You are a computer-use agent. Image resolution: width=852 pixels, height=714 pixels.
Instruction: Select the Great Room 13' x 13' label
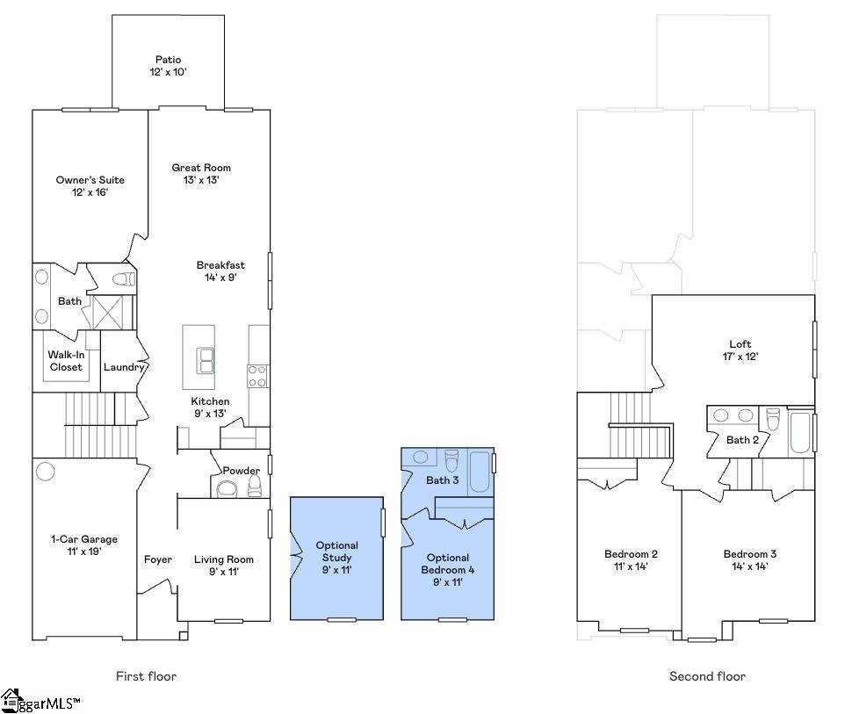201,173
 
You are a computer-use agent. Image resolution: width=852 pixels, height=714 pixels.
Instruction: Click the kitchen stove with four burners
257,375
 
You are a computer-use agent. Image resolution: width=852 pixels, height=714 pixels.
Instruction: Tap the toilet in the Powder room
255,486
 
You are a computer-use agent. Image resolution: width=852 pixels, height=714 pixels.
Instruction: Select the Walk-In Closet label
66,361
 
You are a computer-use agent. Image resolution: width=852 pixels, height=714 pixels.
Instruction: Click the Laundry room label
124,367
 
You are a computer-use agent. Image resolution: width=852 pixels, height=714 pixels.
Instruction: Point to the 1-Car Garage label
83,545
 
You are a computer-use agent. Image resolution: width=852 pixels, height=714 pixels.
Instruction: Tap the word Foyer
157,559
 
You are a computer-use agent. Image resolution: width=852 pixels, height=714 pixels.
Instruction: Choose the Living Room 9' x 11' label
223,565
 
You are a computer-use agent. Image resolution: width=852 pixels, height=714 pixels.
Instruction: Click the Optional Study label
336,558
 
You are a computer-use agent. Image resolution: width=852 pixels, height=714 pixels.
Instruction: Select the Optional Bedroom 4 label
447,563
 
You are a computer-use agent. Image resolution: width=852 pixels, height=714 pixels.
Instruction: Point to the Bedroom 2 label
631,559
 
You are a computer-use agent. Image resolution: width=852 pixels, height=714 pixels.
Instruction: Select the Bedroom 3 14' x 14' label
749,559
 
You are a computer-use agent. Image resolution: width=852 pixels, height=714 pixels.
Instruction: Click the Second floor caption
707,676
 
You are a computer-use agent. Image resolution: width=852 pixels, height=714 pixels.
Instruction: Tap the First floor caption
146,676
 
